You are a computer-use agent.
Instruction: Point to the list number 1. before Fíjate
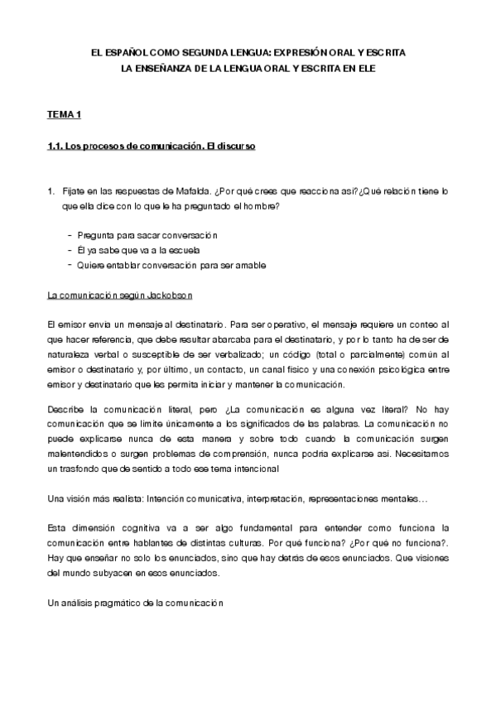(51, 191)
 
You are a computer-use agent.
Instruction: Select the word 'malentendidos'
(82, 454)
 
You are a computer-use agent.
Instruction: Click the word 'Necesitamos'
(421, 454)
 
